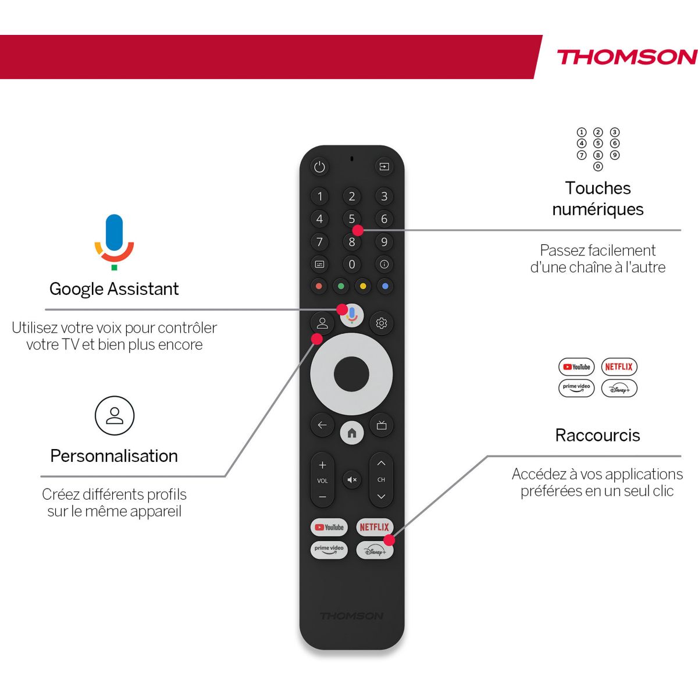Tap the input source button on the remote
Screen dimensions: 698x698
tap(384, 167)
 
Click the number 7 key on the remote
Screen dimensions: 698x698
tap(319, 242)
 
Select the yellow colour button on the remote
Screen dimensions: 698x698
tap(363, 286)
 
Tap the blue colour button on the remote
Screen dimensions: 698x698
tap(384, 286)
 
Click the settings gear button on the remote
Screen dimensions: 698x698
tap(382, 323)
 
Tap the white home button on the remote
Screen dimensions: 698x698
tap(352, 433)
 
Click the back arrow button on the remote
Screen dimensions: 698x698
tap(322, 425)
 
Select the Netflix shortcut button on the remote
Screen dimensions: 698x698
tap(374, 527)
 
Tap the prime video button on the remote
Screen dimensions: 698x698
tap(329, 550)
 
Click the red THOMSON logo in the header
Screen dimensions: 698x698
tap(626, 57)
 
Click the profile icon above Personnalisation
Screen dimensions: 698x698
tap(115, 415)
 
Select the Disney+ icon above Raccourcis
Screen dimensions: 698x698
tap(619, 389)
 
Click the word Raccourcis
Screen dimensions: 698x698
tap(597, 435)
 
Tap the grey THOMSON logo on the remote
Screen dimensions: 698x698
tap(351, 616)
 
